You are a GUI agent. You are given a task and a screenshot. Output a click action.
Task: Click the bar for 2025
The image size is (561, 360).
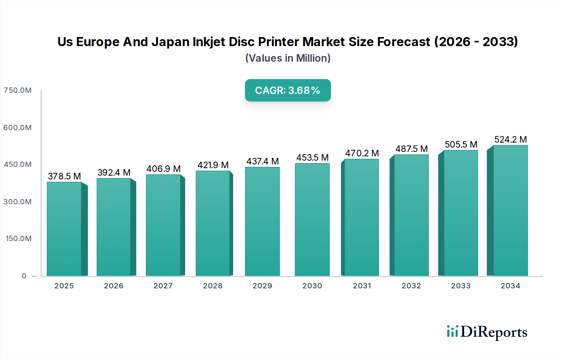[x=64, y=229]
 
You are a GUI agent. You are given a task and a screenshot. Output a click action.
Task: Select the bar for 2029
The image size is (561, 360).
[x=262, y=221]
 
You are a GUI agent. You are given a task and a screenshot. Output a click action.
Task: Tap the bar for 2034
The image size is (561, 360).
[x=510, y=211]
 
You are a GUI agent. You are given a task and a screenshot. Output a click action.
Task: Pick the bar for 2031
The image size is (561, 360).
[x=362, y=217]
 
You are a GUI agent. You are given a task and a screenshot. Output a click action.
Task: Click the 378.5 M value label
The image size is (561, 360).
[x=64, y=176]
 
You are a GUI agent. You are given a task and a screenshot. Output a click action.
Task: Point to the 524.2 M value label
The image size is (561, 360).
[x=511, y=140]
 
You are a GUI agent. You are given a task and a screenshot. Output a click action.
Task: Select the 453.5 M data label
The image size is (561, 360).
[x=312, y=158]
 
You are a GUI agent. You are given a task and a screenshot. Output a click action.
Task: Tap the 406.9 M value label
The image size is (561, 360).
[x=163, y=169]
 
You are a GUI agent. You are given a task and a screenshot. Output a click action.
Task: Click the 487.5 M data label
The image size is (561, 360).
[x=411, y=149]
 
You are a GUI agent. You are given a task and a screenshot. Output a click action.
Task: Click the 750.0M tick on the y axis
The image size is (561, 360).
[x=18, y=90]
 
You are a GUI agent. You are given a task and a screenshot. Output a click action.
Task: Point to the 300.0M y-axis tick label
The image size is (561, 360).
[x=18, y=202]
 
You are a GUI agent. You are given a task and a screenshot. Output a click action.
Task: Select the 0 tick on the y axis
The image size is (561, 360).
[x=24, y=276]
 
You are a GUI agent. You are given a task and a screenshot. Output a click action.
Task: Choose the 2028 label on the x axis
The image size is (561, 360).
[x=213, y=286]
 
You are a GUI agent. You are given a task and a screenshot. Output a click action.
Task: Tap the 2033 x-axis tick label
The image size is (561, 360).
[x=461, y=286]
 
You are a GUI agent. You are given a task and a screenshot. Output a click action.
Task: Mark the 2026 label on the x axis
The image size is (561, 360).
[x=114, y=286]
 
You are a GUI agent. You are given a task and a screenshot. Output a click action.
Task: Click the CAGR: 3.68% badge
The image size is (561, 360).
[x=288, y=90]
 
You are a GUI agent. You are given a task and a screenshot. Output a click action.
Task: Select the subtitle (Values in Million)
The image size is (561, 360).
[x=288, y=58]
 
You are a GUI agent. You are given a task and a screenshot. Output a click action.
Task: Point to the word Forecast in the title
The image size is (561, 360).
[x=404, y=42]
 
